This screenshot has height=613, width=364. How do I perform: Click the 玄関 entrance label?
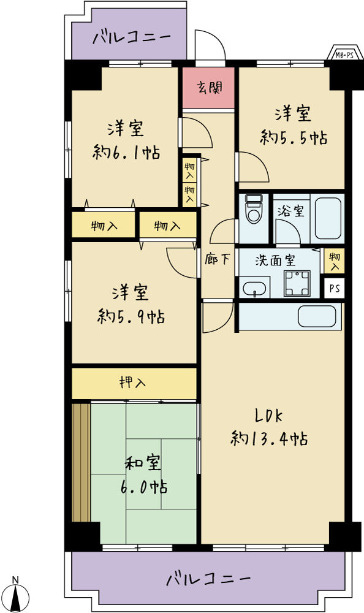210,88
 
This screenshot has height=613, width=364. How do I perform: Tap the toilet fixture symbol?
254,209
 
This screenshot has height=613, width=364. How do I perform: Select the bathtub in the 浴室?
328,218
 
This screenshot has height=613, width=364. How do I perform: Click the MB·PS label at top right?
344,55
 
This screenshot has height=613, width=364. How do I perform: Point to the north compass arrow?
15,597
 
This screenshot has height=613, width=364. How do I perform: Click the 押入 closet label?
133,383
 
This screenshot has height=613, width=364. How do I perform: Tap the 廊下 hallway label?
218,259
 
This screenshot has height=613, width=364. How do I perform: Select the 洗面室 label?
275,261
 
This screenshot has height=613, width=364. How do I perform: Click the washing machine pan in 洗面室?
297,283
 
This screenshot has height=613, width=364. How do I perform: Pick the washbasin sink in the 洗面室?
254,289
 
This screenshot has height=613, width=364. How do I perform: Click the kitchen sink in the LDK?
317,316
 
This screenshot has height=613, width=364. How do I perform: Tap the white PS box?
335,289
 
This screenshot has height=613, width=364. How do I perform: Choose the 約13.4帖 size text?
269,439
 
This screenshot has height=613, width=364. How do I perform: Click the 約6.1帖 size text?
126,152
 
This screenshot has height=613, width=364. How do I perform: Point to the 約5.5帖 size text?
294,137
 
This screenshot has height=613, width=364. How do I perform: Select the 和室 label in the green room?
143,463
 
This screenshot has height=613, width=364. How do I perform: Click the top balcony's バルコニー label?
132,38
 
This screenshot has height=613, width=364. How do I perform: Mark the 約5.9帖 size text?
131,316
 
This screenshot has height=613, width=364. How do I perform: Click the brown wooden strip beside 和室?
82,462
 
